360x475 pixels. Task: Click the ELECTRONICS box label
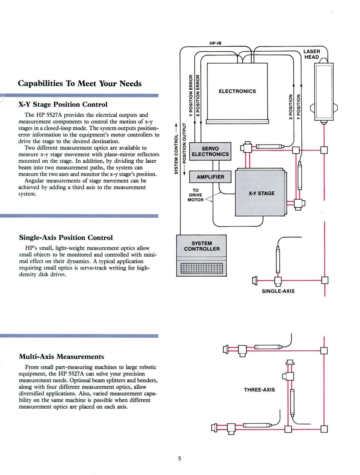point(237,91)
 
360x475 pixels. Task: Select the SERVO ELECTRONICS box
point(210,151)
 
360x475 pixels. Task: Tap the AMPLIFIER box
point(210,177)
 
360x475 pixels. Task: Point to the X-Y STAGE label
point(261,193)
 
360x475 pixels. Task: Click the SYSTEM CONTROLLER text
point(202,246)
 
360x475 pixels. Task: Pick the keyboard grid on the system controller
point(202,268)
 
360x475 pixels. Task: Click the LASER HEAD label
point(311,54)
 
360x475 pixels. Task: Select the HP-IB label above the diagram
point(215,43)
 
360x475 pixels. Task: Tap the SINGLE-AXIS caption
point(278,291)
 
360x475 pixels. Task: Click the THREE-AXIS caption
point(259,390)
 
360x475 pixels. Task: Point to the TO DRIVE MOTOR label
point(195,195)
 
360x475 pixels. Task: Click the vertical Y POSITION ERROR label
point(190,96)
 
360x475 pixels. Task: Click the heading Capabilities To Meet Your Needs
point(80,83)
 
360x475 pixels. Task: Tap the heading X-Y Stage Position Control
point(63,104)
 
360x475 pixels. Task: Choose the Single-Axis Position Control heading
point(66,237)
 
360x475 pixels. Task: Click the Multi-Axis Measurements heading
point(61,356)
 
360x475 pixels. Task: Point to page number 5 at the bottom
point(180,458)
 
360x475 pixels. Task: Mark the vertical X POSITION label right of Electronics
point(291,107)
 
